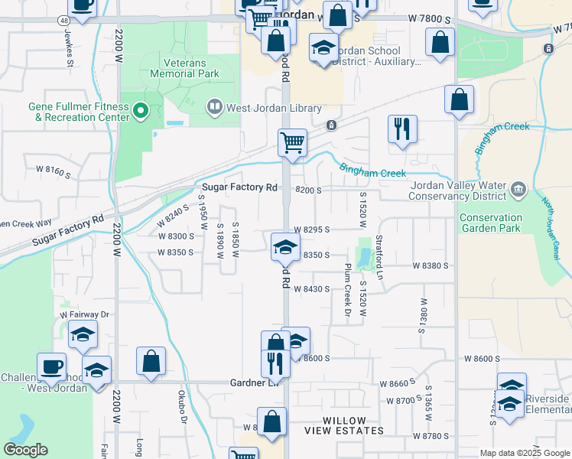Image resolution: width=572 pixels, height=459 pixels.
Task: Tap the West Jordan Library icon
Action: [215, 108]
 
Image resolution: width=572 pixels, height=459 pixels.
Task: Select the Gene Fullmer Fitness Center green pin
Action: [140, 112]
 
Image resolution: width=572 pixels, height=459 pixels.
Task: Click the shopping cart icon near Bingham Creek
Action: [292, 143]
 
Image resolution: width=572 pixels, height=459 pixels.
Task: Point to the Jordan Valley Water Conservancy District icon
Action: [517, 189]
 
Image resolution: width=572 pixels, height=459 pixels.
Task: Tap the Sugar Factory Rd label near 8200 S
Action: [239, 187]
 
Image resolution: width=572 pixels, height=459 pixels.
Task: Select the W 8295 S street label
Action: [311, 229]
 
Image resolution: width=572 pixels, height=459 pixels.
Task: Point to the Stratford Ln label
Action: [379, 257]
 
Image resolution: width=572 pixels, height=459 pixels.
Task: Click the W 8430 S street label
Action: [311, 289]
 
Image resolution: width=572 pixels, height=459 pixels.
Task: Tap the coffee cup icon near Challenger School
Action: [51, 366]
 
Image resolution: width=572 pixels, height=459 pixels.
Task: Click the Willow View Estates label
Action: [353, 425]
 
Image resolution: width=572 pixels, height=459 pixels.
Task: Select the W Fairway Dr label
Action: [85, 314]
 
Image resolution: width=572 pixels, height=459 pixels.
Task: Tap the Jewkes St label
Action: [69, 49]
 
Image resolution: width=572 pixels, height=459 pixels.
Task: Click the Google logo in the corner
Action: [25, 449]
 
